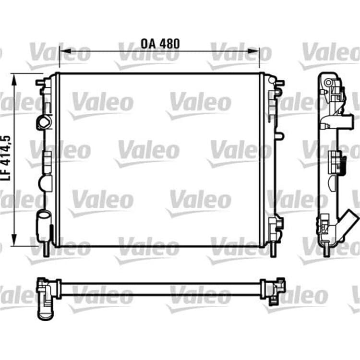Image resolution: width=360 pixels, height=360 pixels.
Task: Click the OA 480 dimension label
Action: click(x=160, y=44)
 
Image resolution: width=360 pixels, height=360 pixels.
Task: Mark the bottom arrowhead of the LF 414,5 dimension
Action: click(x=14, y=238)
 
